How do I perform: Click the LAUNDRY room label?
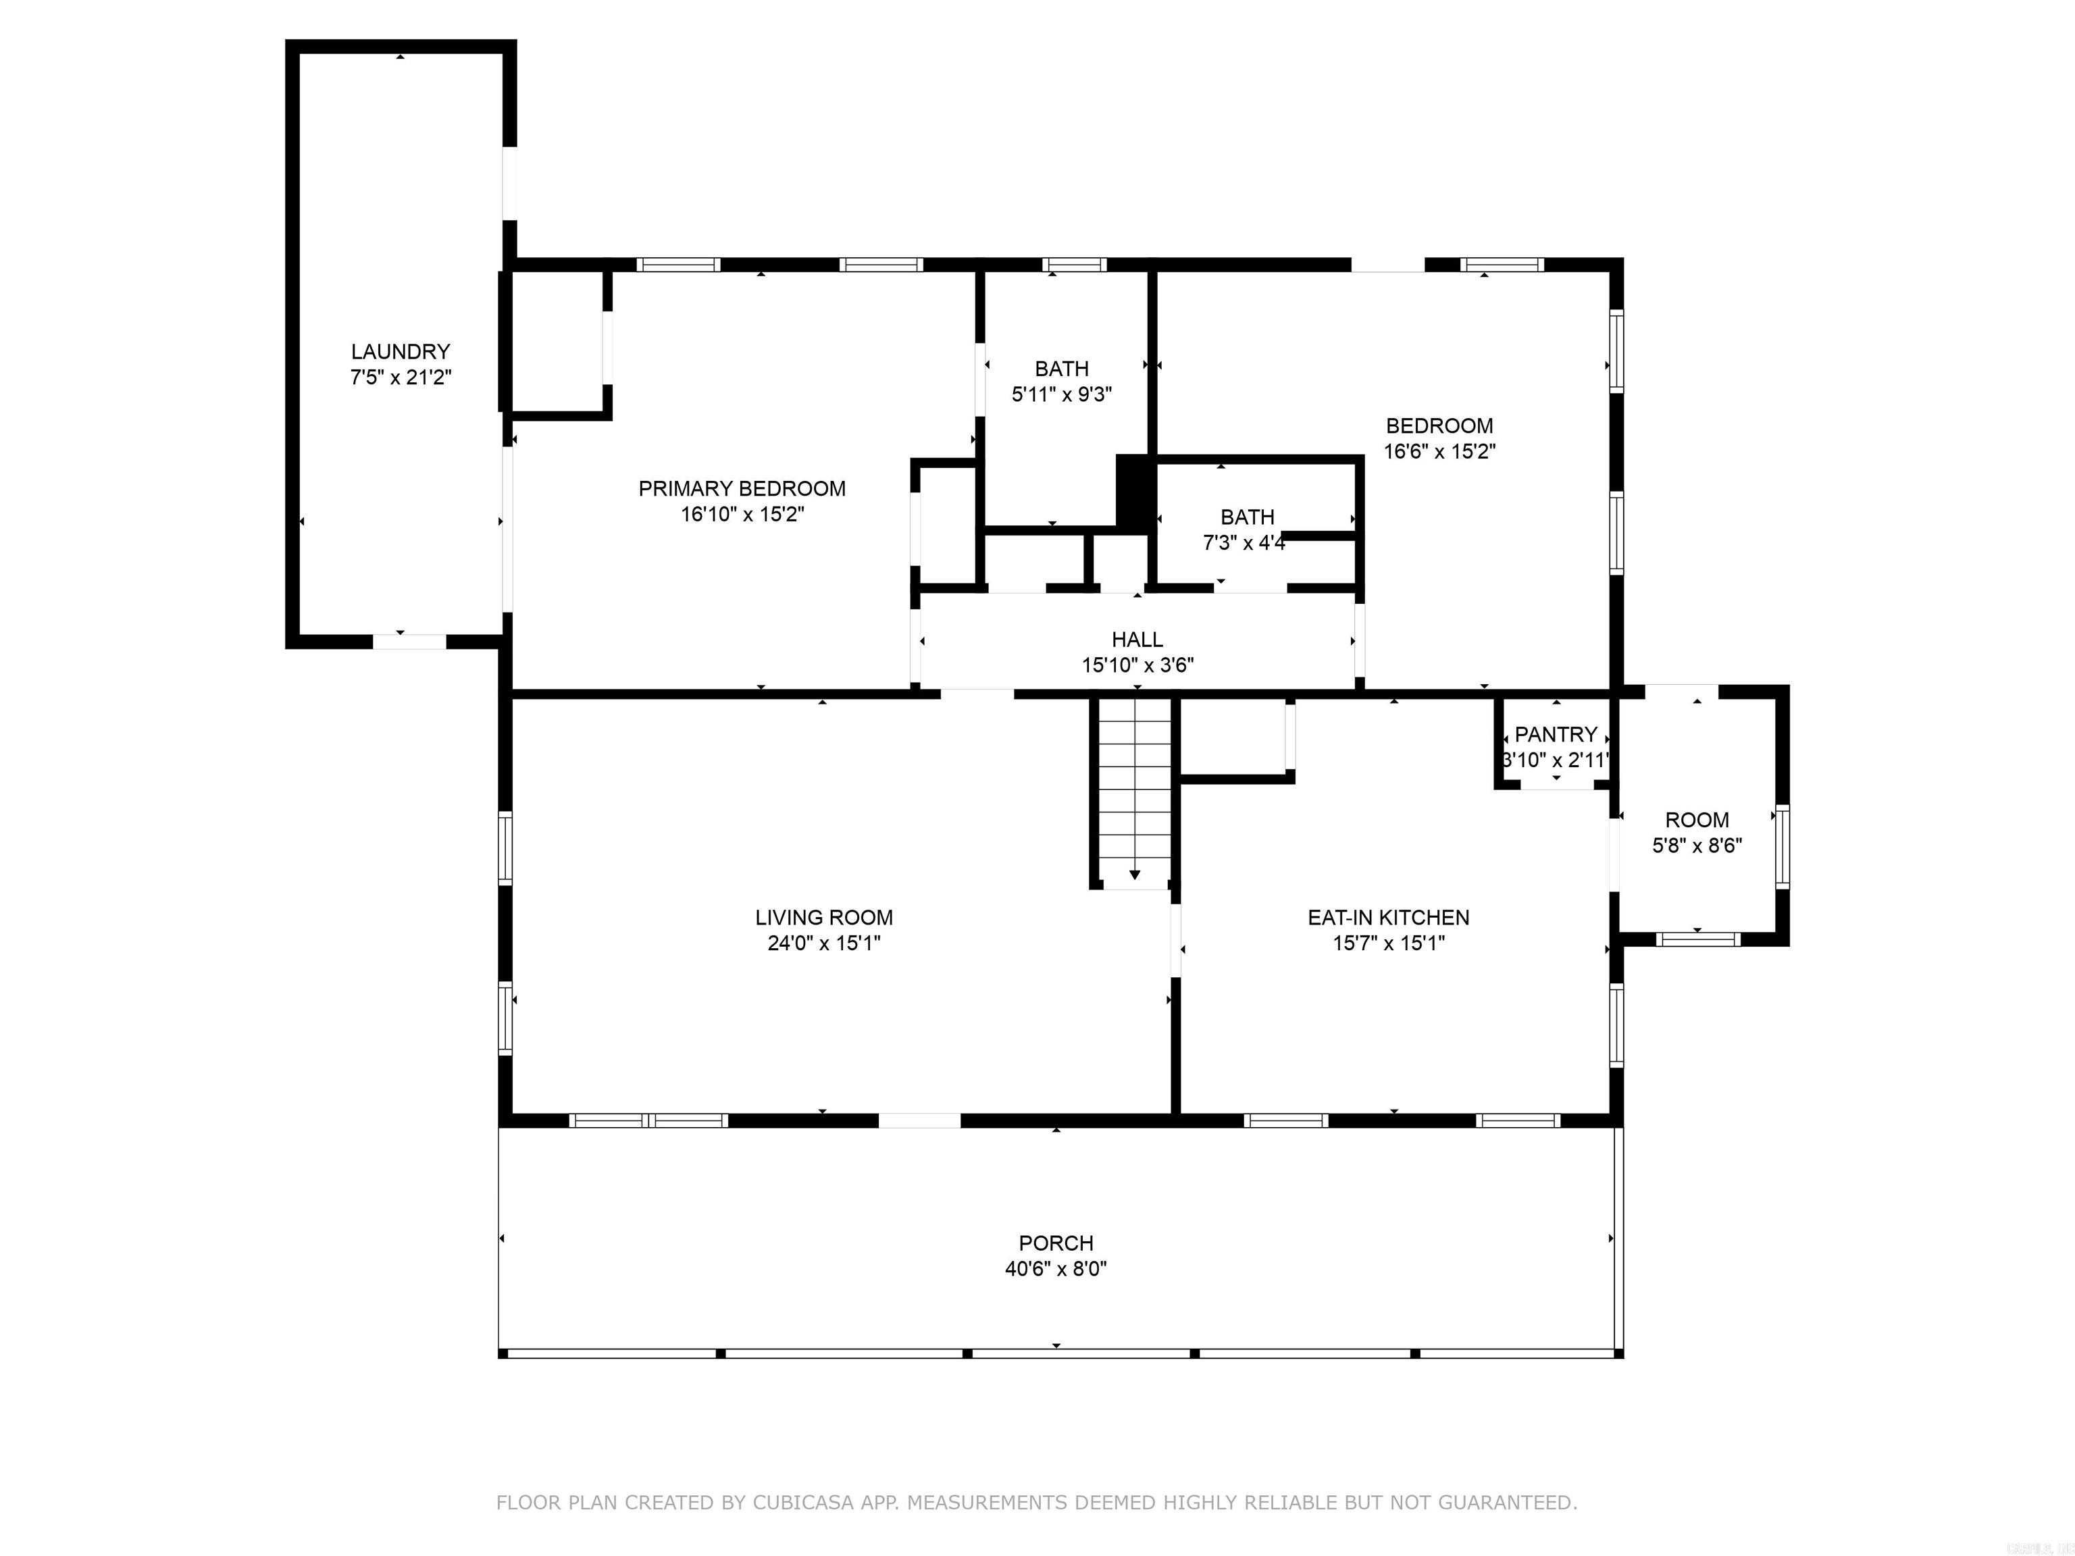(x=401, y=352)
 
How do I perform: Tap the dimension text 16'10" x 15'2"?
(x=742, y=515)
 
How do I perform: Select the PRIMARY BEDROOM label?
(x=742, y=489)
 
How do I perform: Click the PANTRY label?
(x=1556, y=734)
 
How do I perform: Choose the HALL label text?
(x=1137, y=640)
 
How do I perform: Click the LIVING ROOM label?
(x=823, y=917)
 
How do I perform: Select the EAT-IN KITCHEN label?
(x=1388, y=917)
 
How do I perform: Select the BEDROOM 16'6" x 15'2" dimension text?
(x=1439, y=451)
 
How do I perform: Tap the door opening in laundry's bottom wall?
(x=409, y=642)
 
